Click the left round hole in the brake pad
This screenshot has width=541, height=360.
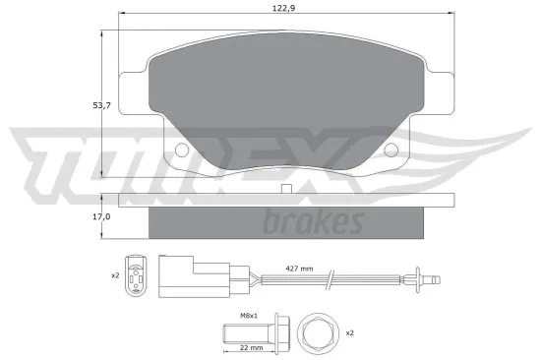tap(180, 150)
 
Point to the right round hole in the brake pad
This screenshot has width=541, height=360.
tap(391, 150)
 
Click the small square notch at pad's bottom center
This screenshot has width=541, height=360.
tap(285, 188)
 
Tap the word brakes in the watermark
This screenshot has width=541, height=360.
tap(314, 222)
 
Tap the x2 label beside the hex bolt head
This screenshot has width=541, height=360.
tap(348, 333)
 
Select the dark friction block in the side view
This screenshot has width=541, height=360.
tap(285, 222)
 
